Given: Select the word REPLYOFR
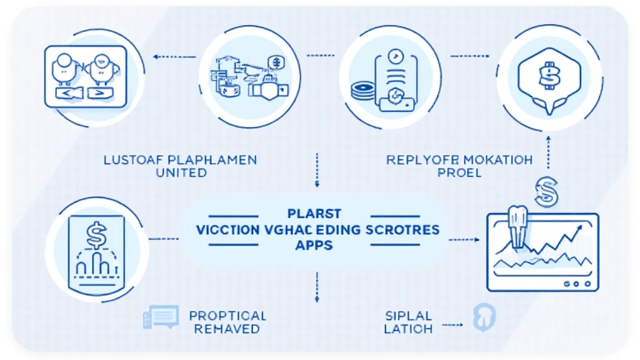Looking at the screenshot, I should [x=415, y=160].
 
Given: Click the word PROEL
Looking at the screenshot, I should [x=459, y=172].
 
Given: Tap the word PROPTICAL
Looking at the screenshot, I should [x=227, y=316].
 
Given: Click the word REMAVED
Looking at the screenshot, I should [x=227, y=329].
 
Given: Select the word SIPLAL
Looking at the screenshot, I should [x=409, y=315].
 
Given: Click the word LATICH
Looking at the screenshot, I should [x=409, y=328].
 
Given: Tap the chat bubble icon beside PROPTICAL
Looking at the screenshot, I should [x=161, y=317].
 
